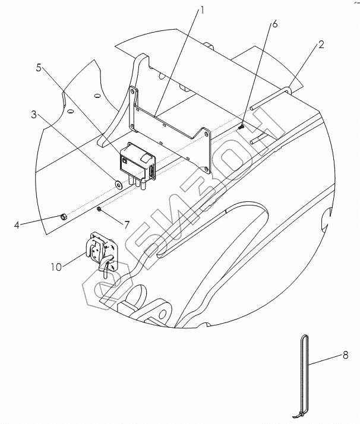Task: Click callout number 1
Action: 202,11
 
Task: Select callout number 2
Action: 321,45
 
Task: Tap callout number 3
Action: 33,115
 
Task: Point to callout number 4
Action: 17,224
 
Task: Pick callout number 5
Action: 39,68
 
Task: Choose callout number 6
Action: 274,24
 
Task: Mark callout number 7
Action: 127,224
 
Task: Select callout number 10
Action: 56,267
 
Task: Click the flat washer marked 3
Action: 118,184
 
